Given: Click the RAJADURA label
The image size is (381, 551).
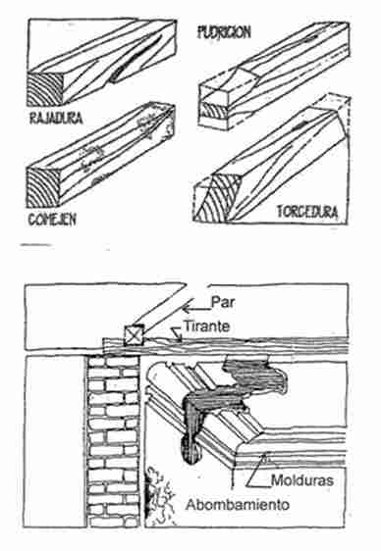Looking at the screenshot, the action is point(56,118).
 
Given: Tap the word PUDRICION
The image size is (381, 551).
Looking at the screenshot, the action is point(224,32).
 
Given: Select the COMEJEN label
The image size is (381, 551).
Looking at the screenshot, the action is point(52,220).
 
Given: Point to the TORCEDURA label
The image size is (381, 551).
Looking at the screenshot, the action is point(307,212).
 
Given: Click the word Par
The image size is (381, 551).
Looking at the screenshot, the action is point(222,303).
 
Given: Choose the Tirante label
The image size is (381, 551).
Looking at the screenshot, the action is point(207,326).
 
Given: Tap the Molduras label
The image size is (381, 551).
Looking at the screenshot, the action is point(302,480).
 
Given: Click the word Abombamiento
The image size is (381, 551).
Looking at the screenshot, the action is point(238,505).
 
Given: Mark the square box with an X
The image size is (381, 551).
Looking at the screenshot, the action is point(135,335).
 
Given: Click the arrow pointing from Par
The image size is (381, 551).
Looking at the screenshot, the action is point(196,309).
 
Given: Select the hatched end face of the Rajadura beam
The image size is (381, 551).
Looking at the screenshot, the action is point(45,89).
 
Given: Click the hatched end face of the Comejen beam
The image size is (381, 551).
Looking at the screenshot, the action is point(43,188).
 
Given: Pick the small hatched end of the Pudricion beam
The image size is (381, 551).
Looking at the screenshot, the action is point(213,113).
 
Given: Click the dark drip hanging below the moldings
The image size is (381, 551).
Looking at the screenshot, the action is point(192,451).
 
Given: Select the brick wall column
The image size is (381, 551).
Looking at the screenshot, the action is point(113,441).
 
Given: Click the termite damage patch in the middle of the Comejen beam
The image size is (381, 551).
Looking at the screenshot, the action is point(91,158).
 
